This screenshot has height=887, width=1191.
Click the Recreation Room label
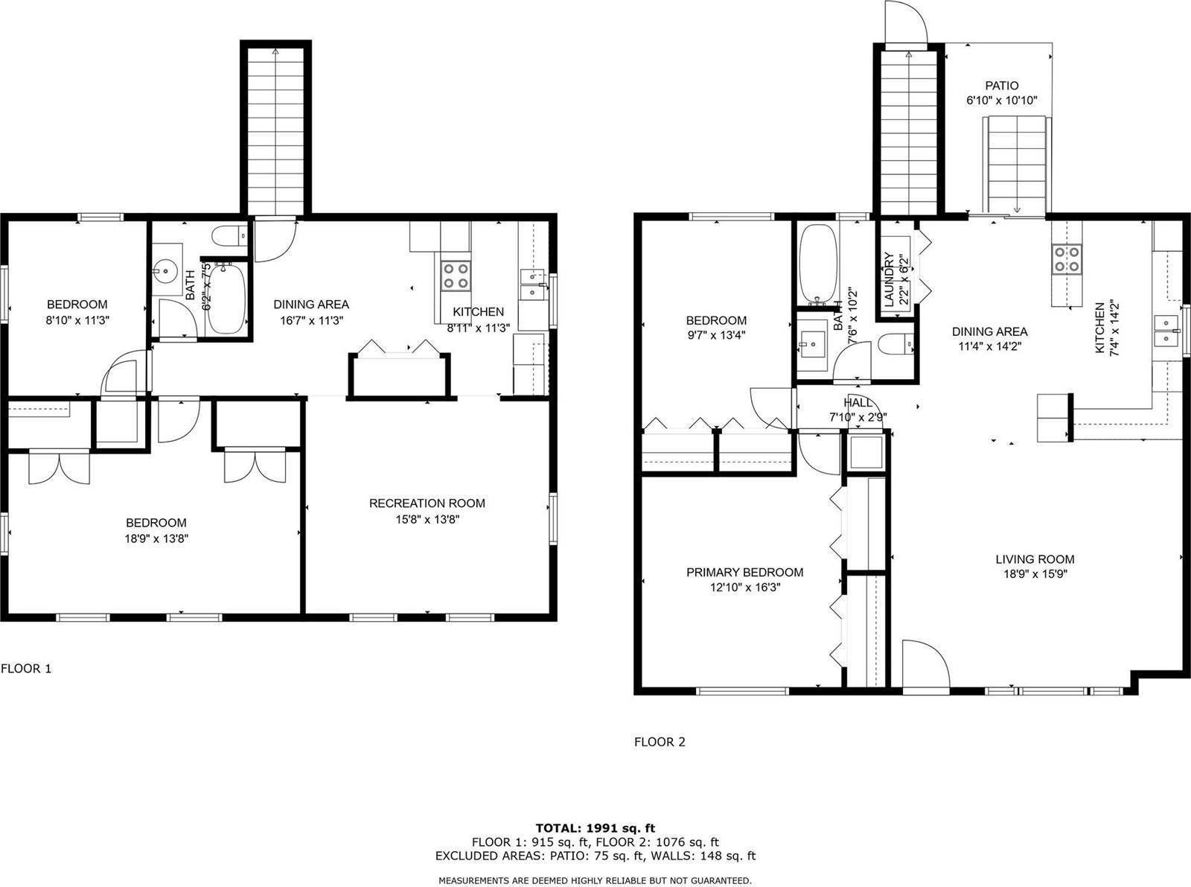pos(427,503)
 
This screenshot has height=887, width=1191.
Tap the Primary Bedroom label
pos(744,572)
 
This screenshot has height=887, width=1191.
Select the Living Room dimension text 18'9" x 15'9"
pos(1035,574)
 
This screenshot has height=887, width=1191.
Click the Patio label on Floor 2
pos(1001,86)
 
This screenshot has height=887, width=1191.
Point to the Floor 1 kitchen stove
pos(455,276)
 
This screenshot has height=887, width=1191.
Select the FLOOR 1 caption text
pos(26,668)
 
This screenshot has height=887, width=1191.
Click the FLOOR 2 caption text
pos(659,742)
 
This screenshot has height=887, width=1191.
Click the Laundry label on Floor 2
pos(888,279)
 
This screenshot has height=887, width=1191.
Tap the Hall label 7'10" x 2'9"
pos(858,410)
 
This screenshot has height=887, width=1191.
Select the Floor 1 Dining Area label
pos(311,304)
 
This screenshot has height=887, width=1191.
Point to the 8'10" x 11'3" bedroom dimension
pos(77,319)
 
